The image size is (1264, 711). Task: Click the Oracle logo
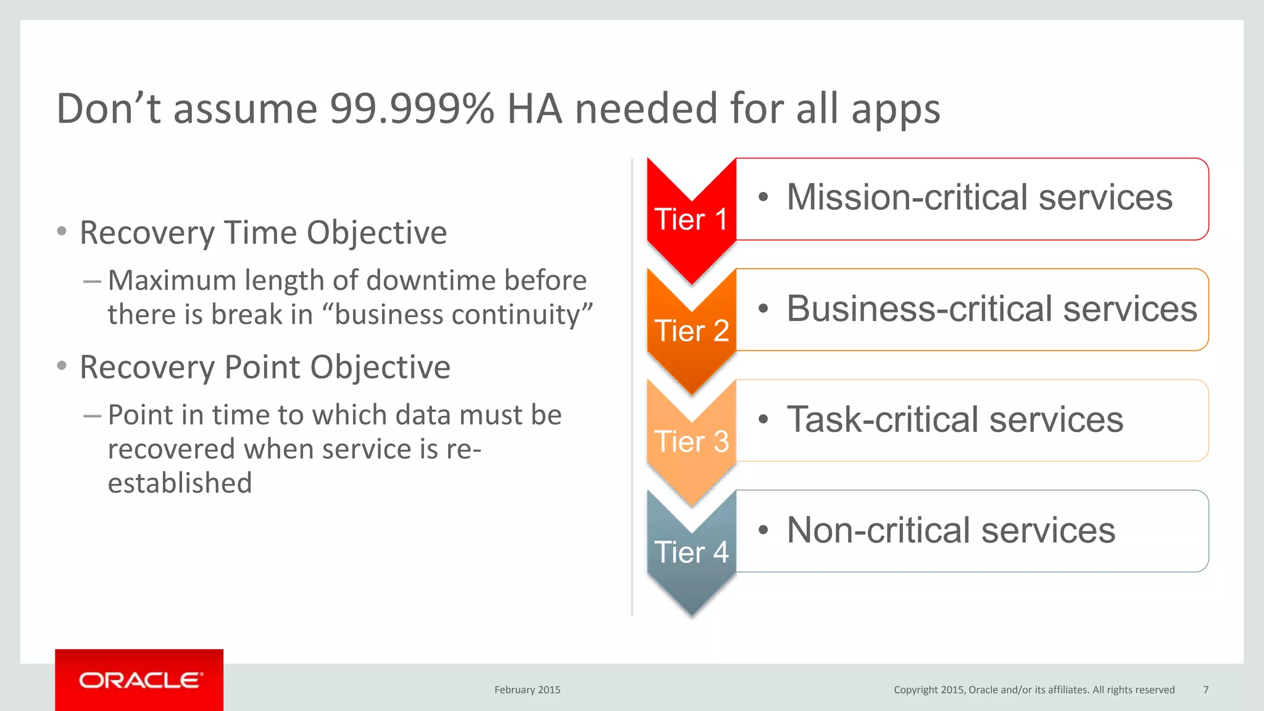point(139,680)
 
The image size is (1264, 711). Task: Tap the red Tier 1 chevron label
point(691,220)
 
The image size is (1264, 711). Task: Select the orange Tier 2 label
point(691,331)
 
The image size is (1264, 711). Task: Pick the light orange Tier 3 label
point(691,441)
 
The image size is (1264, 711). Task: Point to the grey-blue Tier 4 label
point(691,552)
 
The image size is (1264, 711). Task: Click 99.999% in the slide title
point(412,109)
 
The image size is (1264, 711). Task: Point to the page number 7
point(1206,689)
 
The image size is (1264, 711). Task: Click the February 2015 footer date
point(527,689)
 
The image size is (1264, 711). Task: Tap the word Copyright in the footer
point(916,689)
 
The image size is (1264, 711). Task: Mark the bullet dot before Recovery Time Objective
point(62,231)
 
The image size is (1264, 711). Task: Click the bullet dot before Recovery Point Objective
point(62,366)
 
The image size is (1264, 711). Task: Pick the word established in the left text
point(180,483)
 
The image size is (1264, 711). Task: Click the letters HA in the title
point(534,109)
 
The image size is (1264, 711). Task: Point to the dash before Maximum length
point(92,281)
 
